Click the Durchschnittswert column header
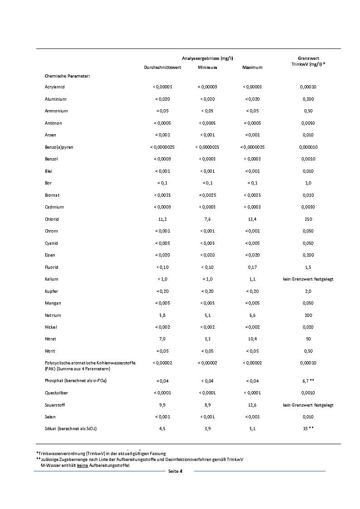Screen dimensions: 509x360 click(x=162, y=68)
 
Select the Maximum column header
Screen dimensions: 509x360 click(x=252, y=68)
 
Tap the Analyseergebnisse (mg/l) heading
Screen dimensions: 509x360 click(x=207, y=58)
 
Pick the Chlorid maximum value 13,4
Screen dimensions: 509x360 click(x=252, y=219)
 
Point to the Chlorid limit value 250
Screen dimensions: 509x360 click(x=308, y=219)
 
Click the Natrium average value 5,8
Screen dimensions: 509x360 click(x=162, y=315)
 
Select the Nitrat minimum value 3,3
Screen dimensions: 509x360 click(x=207, y=339)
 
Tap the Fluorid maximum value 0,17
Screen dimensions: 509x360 click(x=252, y=267)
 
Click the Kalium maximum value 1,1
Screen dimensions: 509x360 click(x=252, y=279)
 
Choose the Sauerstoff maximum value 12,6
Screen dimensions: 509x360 click(x=252, y=405)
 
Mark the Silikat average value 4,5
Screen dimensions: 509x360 click(x=162, y=428)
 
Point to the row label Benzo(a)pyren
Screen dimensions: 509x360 click(x=59, y=147)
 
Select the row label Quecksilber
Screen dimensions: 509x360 click(x=57, y=393)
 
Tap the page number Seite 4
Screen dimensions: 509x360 click(x=175, y=471)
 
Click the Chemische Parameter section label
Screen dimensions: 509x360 click(x=67, y=76)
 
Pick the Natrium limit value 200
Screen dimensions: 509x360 click(x=308, y=315)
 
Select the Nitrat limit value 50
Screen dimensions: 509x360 click(x=308, y=339)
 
